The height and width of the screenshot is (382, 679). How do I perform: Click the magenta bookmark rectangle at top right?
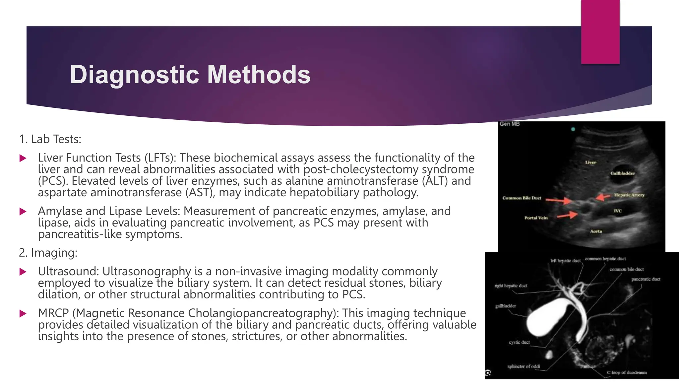[600, 32]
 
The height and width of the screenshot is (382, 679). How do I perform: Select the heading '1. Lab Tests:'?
[50, 139]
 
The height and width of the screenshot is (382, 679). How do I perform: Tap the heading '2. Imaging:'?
[48, 253]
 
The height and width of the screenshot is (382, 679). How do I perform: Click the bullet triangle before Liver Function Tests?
[23, 158]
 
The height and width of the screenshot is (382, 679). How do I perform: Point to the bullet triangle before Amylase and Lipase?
[23, 212]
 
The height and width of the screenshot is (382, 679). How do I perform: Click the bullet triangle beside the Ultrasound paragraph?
[23, 272]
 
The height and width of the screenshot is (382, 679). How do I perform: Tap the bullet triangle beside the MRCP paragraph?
[23, 314]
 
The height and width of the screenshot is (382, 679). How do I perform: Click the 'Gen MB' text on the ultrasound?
[510, 124]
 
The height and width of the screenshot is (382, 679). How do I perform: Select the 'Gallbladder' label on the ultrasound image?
[623, 173]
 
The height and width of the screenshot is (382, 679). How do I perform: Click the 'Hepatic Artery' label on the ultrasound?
[629, 195]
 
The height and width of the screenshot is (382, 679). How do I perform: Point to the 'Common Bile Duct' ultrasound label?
[522, 198]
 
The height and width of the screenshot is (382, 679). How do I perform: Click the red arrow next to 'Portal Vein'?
[567, 216]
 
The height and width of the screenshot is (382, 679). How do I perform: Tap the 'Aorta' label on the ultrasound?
[596, 231]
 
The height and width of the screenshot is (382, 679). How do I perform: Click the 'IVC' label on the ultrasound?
[617, 211]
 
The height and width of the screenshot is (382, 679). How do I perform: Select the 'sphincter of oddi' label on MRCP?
[524, 366]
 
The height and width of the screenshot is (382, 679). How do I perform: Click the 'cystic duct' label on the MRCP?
[519, 342]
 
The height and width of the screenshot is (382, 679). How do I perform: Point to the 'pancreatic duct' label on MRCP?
[646, 279]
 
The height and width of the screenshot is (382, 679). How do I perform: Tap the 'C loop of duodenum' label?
[627, 372]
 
